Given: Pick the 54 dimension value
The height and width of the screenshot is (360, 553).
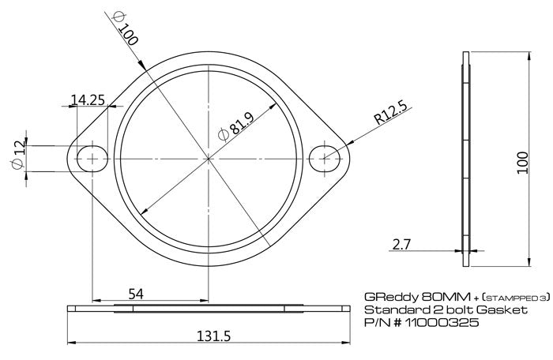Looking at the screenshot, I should [x=135, y=293].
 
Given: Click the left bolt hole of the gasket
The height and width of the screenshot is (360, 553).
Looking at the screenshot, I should [x=94, y=159].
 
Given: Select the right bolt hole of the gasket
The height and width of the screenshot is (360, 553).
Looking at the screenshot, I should [x=325, y=159].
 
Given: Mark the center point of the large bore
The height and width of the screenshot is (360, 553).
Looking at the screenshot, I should [x=209, y=159].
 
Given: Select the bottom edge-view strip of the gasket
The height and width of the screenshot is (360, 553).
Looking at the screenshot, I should [x=209, y=308].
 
